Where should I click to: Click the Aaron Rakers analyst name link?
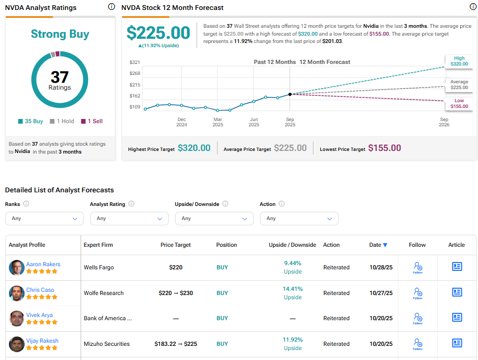point(43,264)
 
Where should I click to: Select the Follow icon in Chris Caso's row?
point(417,293)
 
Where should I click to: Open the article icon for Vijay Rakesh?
point(457,343)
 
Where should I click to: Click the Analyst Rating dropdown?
point(129,219)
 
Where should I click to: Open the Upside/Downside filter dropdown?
point(214,219)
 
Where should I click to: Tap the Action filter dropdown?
point(299,219)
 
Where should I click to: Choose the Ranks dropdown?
point(44,219)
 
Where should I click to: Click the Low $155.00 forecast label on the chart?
point(459,103)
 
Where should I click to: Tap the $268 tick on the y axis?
point(135,73)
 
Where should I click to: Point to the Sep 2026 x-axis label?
point(443,122)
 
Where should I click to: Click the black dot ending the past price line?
point(290,94)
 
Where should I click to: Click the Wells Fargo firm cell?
point(99,267)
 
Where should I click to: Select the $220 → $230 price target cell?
point(176,293)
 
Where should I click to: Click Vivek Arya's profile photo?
point(17,319)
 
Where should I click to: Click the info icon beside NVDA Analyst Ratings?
point(111,7)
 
